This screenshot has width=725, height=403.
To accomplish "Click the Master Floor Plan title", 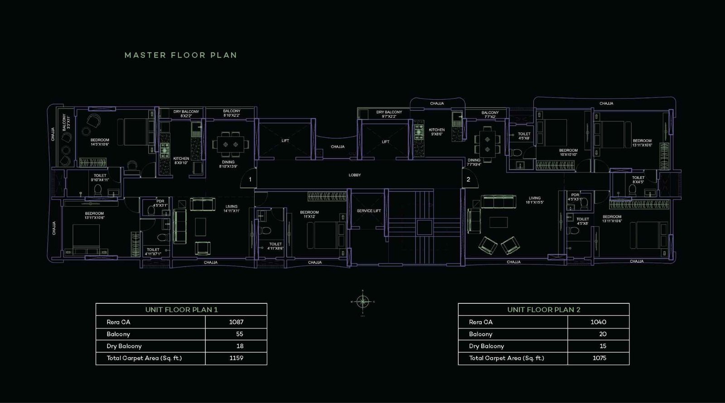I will (x=181, y=55).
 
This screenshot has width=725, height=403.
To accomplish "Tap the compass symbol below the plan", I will (x=362, y=301).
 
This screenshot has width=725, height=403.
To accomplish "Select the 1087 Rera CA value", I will (x=236, y=322).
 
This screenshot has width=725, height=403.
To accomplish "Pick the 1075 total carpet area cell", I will (x=598, y=358).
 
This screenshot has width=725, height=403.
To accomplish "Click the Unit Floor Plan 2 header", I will (x=544, y=310).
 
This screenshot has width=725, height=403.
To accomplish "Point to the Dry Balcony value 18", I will (x=240, y=346).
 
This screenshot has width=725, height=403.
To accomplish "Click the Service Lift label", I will (x=368, y=211).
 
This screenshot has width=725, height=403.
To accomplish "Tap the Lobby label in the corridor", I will (x=355, y=175).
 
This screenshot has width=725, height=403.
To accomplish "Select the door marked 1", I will (x=250, y=180).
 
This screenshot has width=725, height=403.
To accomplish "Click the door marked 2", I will (x=468, y=179).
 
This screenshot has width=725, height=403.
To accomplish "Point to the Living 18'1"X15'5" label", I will (x=535, y=200).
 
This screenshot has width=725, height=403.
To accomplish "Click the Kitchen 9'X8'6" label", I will (x=437, y=132).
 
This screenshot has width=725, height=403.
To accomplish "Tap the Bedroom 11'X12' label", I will (x=309, y=214).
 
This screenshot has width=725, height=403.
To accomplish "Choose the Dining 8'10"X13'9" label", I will (x=228, y=164).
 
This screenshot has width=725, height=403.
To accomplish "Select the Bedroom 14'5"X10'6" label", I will (x=100, y=142).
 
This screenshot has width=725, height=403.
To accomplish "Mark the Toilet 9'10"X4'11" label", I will (x=100, y=178).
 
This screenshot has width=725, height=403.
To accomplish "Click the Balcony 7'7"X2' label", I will (x=490, y=115).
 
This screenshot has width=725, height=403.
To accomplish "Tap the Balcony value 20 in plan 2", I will (x=602, y=334).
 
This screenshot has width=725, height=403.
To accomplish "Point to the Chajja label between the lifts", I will (x=338, y=147).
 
